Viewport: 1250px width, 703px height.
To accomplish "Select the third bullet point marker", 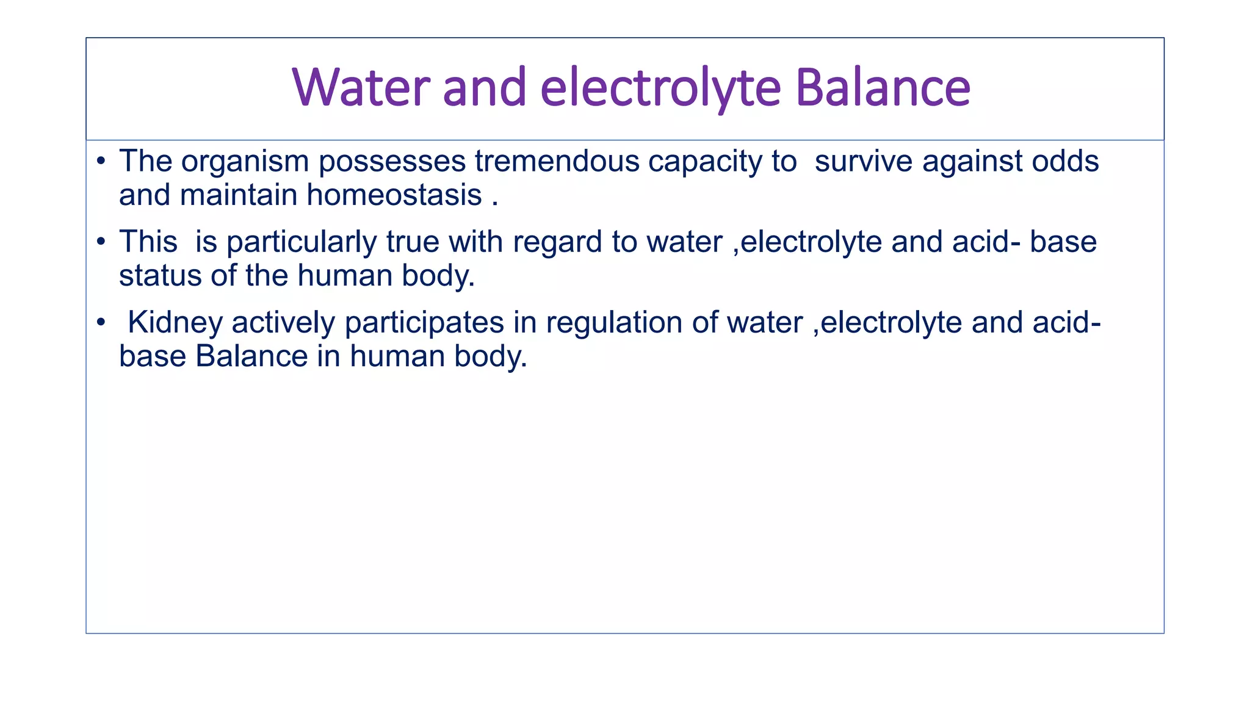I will click(101, 323).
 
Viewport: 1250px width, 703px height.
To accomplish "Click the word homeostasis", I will click(394, 195).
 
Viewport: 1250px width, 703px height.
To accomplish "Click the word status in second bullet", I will click(160, 276).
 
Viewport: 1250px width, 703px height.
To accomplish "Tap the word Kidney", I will click(175, 323).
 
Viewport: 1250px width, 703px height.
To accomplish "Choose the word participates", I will click(424, 323).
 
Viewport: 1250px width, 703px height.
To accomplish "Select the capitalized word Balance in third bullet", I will click(251, 356).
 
